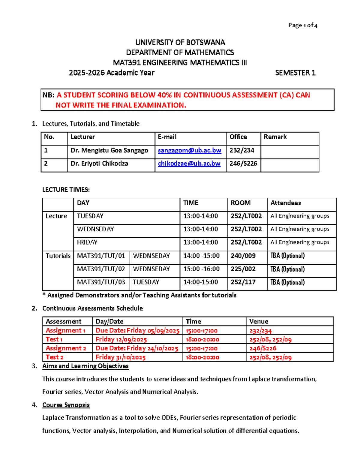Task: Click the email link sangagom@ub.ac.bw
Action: point(189,150)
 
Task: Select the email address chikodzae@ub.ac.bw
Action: point(189,164)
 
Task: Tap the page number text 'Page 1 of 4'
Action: point(302,25)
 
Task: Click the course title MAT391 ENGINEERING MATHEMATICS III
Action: point(180,63)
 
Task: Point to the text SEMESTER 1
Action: point(295,73)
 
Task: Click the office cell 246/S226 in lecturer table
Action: point(243,164)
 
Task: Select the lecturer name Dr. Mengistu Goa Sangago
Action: point(109,150)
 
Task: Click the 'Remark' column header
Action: point(275,137)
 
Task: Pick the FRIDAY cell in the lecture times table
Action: point(87,242)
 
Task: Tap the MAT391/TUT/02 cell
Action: point(101,269)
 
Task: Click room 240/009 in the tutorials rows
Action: point(243,256)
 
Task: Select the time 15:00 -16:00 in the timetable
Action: point(201,269)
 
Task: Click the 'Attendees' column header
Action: point(286,203)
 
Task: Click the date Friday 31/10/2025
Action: point(121,357)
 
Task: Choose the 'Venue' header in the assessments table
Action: point(259,321)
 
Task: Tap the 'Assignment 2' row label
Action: point(66,348)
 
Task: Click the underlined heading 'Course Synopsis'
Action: point(66,405)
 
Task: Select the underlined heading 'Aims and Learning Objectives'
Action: point(85,366)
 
